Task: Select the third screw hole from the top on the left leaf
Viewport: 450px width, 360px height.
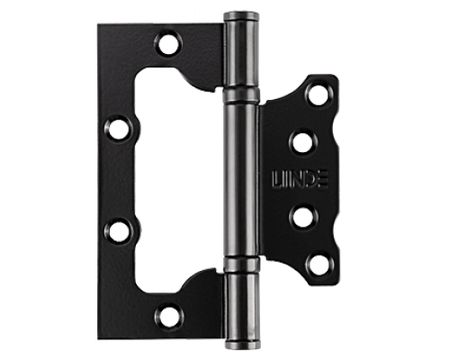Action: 119,230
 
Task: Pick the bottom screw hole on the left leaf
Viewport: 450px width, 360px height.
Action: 170,315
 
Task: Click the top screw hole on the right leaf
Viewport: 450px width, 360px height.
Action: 319,94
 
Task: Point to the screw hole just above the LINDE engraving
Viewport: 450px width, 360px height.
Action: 302,142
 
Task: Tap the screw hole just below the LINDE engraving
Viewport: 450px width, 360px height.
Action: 302,217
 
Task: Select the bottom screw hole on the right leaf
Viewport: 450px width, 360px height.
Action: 319,265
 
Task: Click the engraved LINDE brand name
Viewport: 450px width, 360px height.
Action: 300,179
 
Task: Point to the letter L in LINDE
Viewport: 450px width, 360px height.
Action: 276,179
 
